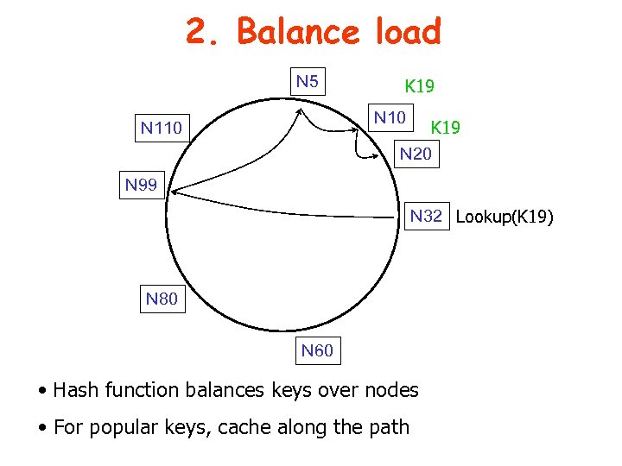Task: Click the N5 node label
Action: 307,83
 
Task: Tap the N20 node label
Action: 415,155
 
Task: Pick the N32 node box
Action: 426,216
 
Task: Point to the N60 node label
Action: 316,350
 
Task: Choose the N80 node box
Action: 162,299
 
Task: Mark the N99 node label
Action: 141,184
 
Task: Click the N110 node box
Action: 162,129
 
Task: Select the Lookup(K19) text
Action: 504,217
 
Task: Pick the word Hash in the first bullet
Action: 75,390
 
